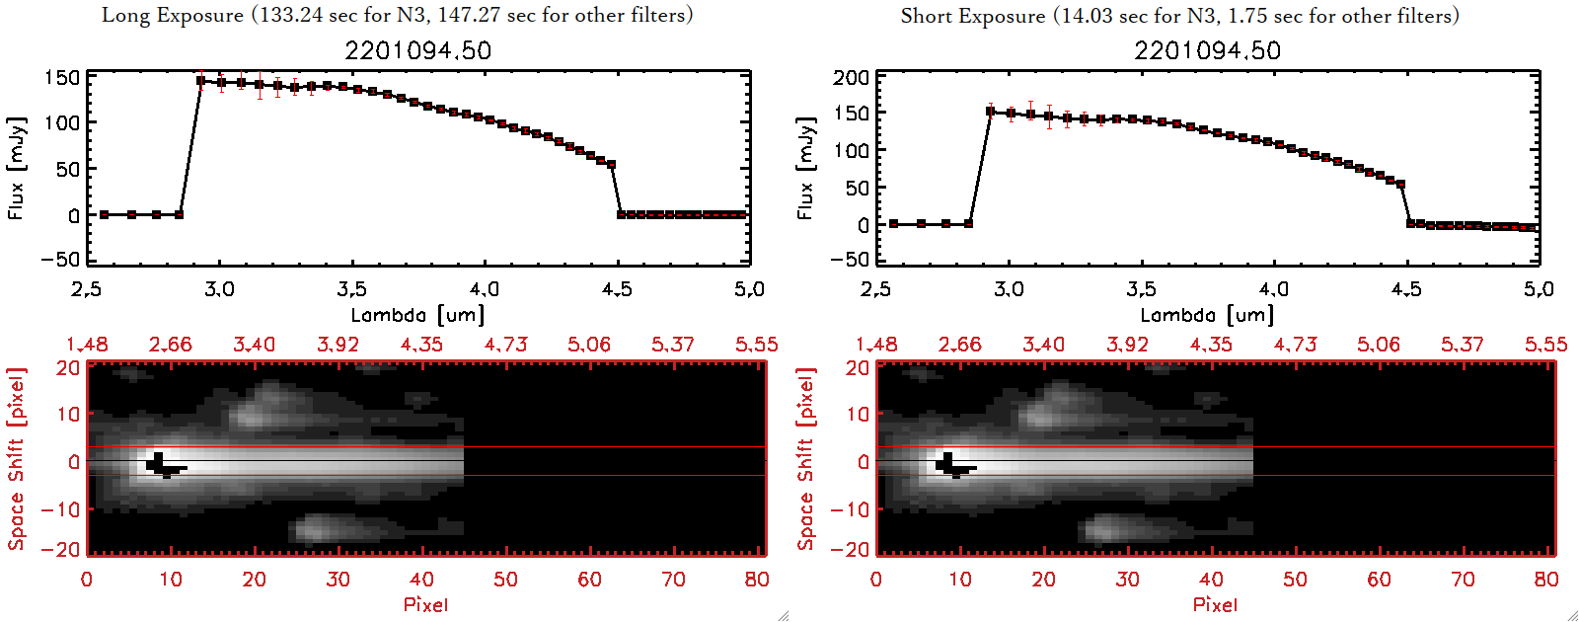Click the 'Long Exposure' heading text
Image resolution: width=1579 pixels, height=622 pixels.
pos(173,15)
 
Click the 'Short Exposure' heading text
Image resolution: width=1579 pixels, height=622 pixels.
pos(972,16)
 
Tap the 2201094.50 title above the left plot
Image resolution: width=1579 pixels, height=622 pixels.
pos(417,50)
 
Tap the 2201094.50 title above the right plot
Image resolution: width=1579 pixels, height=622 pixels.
pos(1207,50)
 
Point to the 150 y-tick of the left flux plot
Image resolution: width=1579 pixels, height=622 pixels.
pos(61,78)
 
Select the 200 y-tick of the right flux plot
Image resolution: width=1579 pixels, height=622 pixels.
pos(851,78)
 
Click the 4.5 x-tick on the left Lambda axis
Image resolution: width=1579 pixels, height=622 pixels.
pos(617,289)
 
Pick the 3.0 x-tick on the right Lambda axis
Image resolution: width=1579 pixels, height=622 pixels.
pos(1009,289)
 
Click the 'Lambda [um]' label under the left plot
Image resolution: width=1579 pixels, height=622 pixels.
pos(417,315)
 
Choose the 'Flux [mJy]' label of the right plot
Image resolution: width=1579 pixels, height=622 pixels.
pos(805,168)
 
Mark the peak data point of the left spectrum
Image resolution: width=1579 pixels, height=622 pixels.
pos(201,81)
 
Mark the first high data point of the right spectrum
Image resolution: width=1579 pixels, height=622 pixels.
pos(990,112)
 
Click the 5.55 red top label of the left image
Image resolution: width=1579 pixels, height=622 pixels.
pos(756,345)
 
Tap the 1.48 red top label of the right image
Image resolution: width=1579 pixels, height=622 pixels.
pos(876,345)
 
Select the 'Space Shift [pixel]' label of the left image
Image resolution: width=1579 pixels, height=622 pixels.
pos(16,459)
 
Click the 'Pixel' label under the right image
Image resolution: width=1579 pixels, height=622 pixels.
pos(1215,604)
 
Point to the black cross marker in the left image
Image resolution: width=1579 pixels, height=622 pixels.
pos(161,465)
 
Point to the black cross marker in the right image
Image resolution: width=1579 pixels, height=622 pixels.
pos(950,465)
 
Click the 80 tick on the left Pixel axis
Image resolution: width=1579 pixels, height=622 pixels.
pos(757,580)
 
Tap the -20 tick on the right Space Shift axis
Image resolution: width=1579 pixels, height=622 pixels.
pos(851,549)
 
